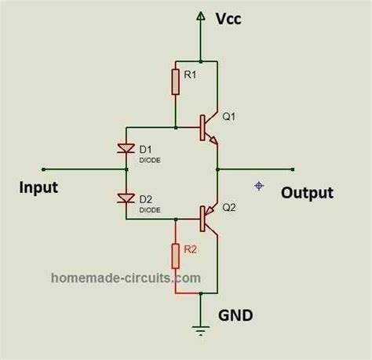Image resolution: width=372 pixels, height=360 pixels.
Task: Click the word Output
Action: click(308, 193)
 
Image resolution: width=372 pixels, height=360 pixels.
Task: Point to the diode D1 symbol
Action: click(125, 147)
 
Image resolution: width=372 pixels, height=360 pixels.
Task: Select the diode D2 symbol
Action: click(125, 197)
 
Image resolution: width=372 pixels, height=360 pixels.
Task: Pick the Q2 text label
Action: click(230, 209)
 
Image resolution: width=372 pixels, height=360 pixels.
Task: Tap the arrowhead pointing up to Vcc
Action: click(202, 17)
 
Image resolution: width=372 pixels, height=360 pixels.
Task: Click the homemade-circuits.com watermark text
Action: click(126, 278)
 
